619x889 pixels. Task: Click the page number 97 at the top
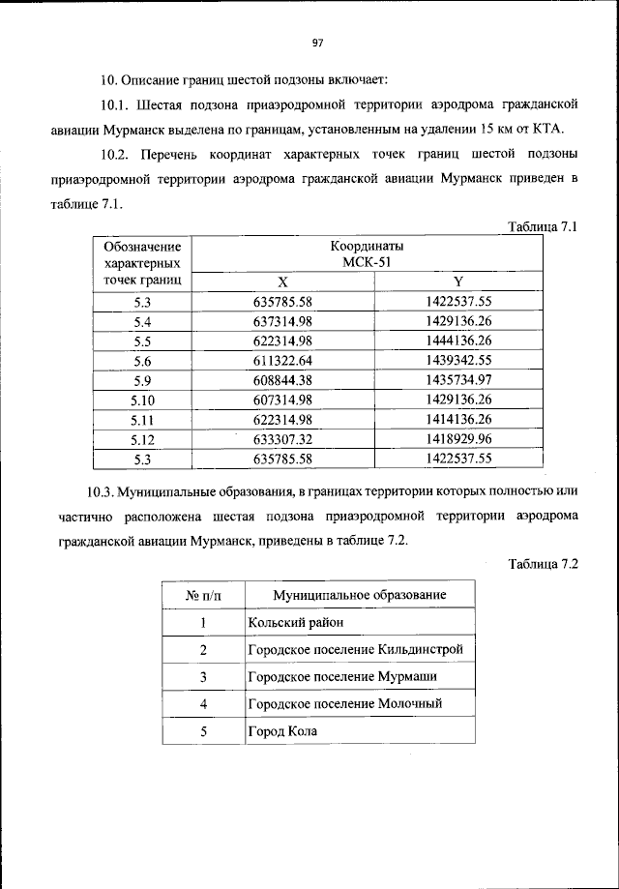[317, 42]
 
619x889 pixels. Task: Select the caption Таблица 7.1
[543, 227]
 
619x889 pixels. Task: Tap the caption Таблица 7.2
[543, 564]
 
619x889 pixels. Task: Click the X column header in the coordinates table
[282, 282]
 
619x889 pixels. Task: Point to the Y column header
[458, 282]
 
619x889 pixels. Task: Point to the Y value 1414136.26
[458, 420]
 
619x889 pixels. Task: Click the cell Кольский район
[295, 622]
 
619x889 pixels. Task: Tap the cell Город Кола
[282, 731]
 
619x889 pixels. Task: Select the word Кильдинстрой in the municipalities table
[425, 649]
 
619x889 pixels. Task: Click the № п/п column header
[204, 594]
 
